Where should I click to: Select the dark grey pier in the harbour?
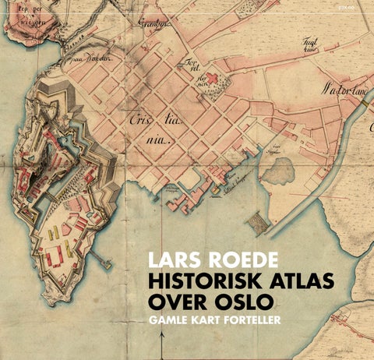258,224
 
